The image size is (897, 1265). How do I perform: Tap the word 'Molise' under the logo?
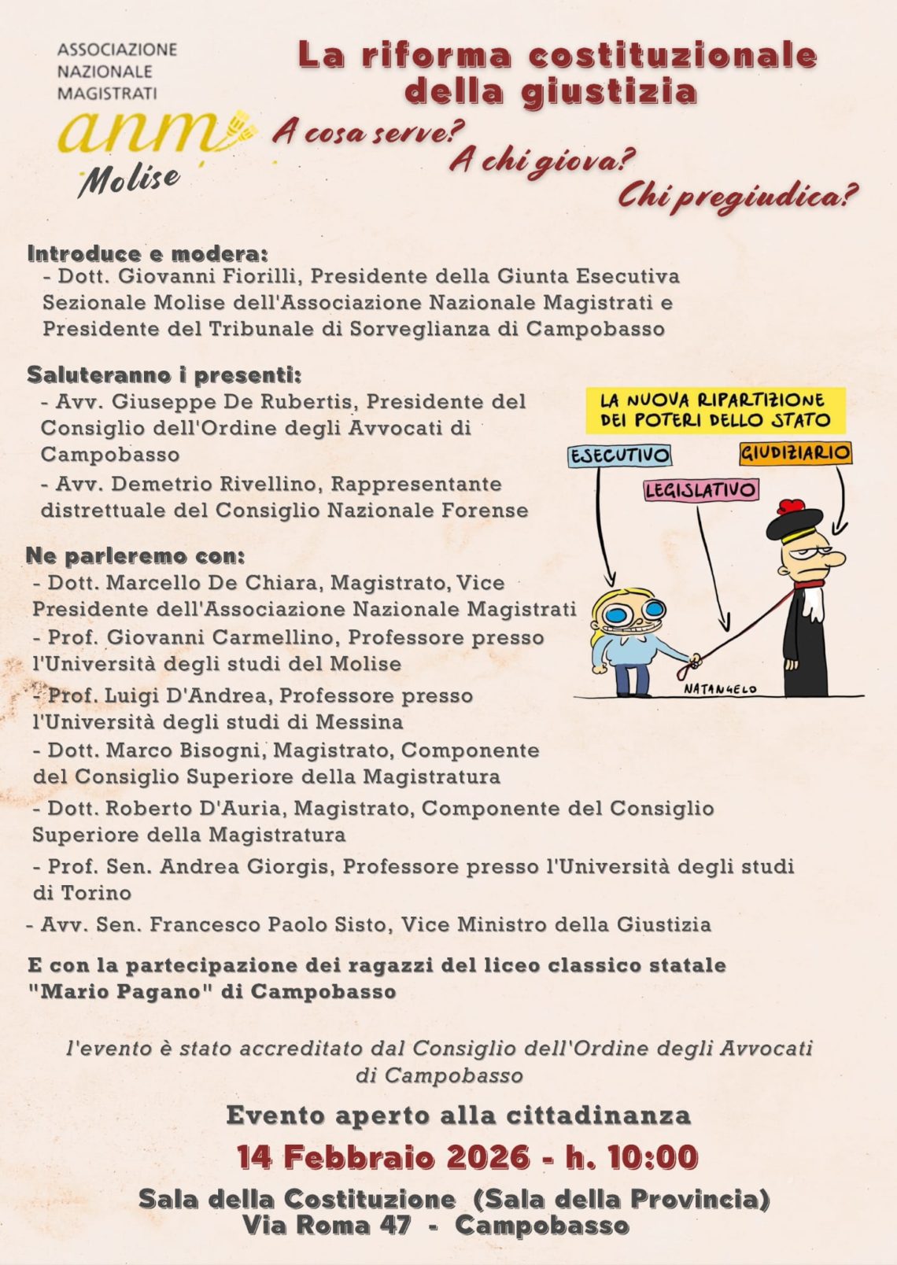click(x=129, y=180)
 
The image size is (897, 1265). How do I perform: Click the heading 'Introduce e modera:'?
click(x=148, y=254)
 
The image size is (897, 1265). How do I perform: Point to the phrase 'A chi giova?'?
click(x=542, y=161)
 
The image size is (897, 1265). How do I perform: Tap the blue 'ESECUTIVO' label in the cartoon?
click(x=620, y=455)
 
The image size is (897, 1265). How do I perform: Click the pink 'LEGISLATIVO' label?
click(x=700, y=490)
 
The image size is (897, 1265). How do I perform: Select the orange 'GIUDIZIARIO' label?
click(x=795, y=452)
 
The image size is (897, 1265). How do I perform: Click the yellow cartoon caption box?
click(x=715, y=410)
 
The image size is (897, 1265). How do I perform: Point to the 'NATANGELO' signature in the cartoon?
click(x=719, y=689)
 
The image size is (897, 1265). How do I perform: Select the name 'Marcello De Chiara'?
click(x=211, y=583)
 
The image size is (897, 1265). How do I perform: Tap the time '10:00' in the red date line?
click(x=652, y=1157)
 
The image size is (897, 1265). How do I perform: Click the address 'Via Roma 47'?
click(x=326, y=1225)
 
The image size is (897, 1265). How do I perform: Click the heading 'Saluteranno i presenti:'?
click(x=164, y=374)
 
